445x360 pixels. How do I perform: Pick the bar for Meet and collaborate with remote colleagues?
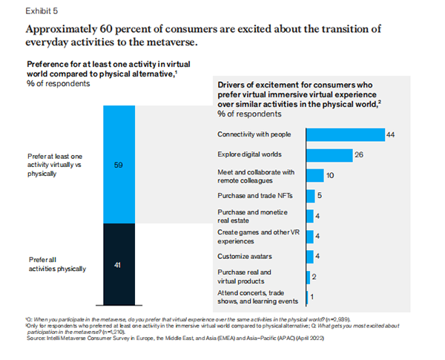[315, 175]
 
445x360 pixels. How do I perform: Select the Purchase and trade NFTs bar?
[311, 196]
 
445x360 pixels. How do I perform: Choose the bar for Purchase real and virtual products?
[308, 278]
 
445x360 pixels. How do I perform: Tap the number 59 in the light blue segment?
[116, 165]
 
